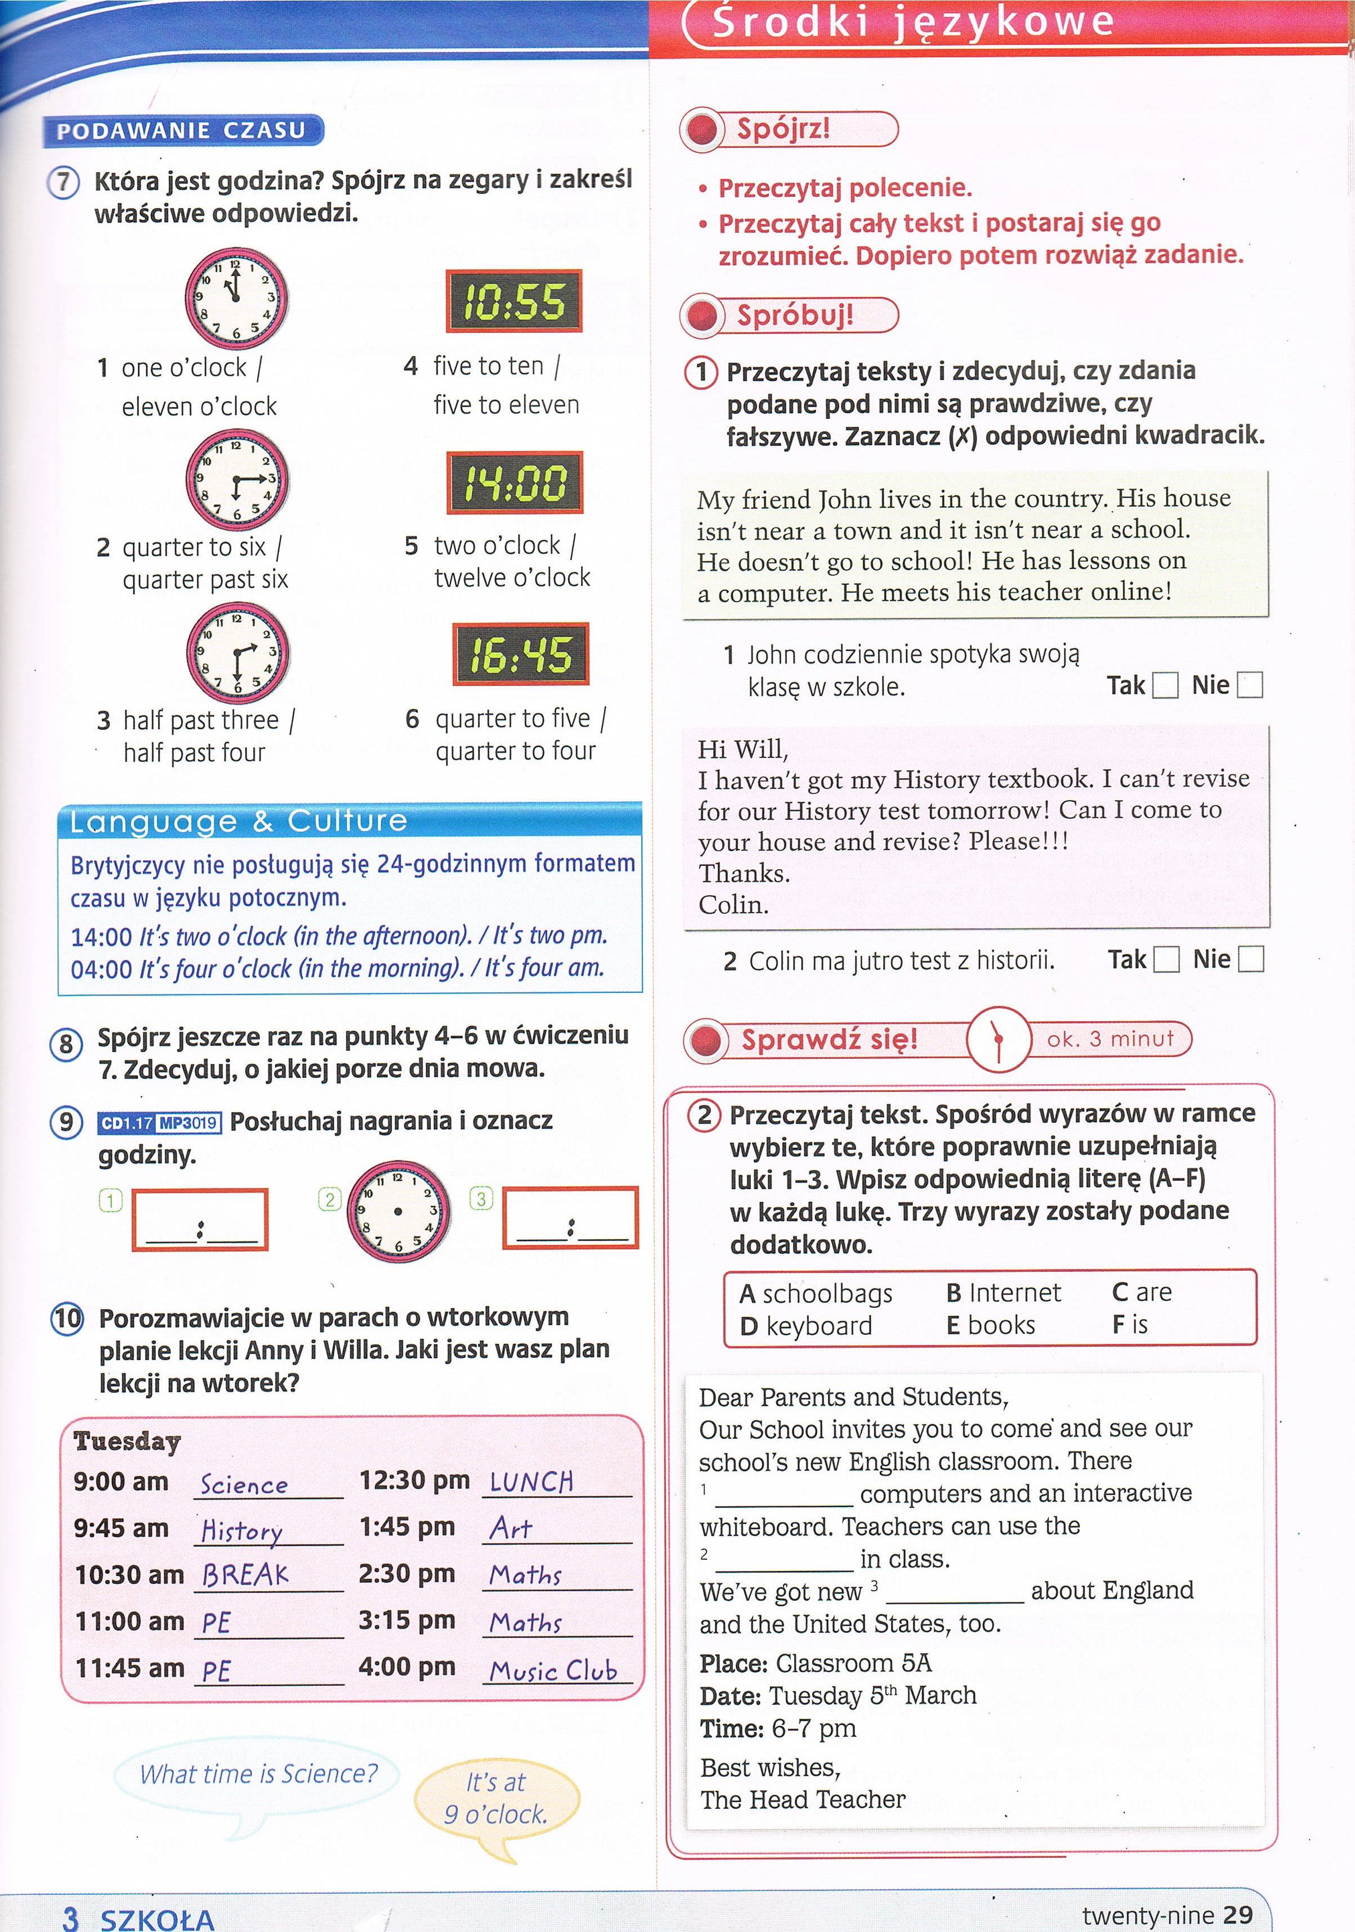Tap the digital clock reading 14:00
click(514, 483)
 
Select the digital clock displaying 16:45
click(520, 654)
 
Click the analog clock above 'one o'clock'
click(236, 299)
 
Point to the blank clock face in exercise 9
click(398, 1212)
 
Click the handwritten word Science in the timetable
click(244, 1485)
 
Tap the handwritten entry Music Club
click(554, 1671)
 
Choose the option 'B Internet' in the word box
click(1003, 1293)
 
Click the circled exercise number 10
click(67, 1318)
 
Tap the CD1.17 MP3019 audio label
click(159, 1122)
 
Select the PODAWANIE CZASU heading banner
click(182, 130)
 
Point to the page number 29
click(1237, 1915)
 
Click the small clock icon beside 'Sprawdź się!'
click(998, 1039)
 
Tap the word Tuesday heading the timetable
click(127, 1442)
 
